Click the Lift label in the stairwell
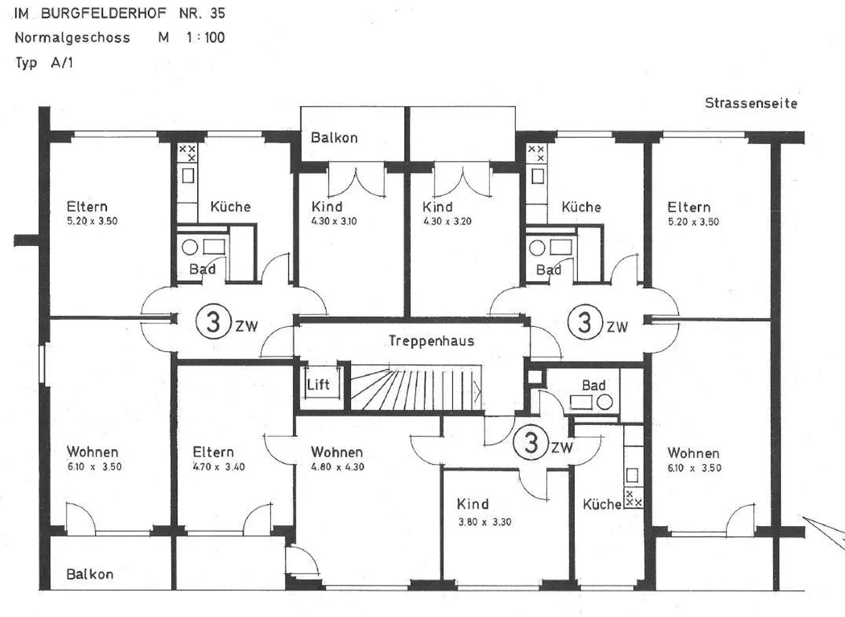[318, 385]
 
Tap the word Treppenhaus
[431, 341]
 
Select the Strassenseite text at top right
[751, 103]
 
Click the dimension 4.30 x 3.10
[334, 221]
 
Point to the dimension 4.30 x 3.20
[447, 221]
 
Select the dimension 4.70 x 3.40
[219, 467]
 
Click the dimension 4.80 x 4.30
[337, 467]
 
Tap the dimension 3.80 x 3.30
[485, 522]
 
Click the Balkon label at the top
[334, 138]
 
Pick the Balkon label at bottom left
[90, 574]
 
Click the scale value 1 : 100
[205, 38]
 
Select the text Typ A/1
[44, 63]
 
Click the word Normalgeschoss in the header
[72, 38]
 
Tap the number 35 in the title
[217, 13]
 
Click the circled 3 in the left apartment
[213, 322]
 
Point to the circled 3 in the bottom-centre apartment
[531, 443]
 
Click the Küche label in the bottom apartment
[601, 504]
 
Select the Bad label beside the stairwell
[593, 386]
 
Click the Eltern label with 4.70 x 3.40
[213, 452]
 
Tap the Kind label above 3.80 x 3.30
[472, 504]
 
